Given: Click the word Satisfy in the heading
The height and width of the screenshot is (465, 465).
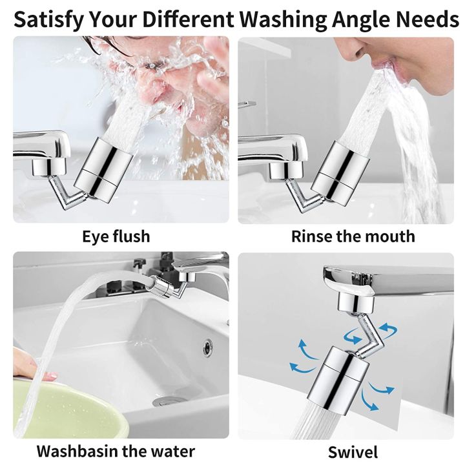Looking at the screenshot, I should (48, 19).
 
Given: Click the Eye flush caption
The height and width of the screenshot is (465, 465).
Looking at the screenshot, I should (116, 236).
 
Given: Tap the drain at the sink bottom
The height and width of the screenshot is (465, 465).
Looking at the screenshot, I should (170, 401).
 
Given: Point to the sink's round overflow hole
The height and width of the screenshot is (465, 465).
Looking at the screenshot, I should (207, 347).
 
